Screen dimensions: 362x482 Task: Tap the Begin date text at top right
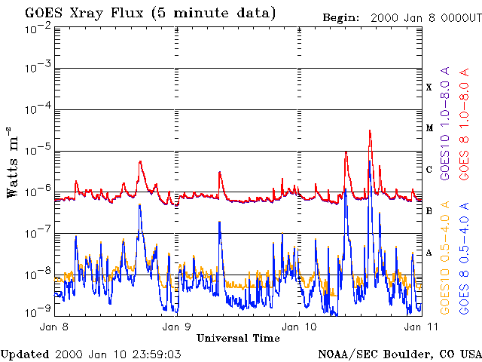click(x=400, y=17)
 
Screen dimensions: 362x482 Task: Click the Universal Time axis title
click(x=238, y=339)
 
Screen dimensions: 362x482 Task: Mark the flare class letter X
click(x=429, y=87)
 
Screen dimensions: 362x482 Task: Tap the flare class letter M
click(x=429, y=128)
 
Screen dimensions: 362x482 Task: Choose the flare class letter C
click(x=429, y=170)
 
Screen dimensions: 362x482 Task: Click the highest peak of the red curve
click(x=370, y=130)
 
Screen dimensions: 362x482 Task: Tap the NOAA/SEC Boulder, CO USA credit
click(x=400, y=354)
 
